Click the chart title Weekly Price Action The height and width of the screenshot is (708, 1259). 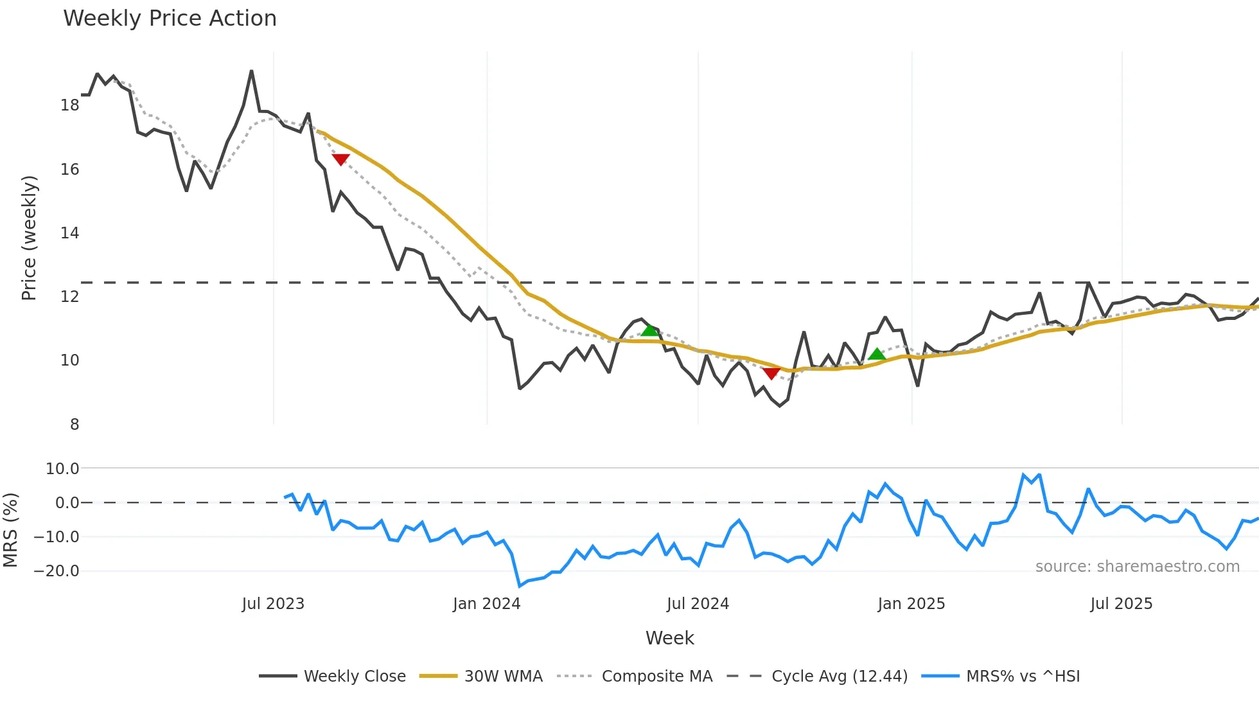(x=170, y=19)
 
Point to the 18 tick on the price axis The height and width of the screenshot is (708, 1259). (x=69, y=105)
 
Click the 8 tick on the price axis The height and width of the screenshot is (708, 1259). (x=75, y=425)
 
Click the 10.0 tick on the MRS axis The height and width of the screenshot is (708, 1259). (x=62, y=469)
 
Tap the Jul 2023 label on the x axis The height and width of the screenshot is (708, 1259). (x=273, y=604)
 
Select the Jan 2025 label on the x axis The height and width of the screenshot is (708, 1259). (x=911, y=604)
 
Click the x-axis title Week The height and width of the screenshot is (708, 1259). (x=669, y=638)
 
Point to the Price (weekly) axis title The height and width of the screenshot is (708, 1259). (x=29, y=238)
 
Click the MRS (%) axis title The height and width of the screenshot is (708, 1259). (x=10, y=530)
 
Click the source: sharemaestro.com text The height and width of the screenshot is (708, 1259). (x=1137, y=567)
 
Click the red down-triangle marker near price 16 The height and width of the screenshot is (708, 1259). (x=340, y=159)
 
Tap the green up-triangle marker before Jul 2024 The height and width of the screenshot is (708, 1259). (x=649, y=330)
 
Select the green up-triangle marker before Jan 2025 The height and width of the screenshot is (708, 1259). (x=877, y=354)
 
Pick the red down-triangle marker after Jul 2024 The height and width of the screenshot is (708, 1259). (x=771, y=373)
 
